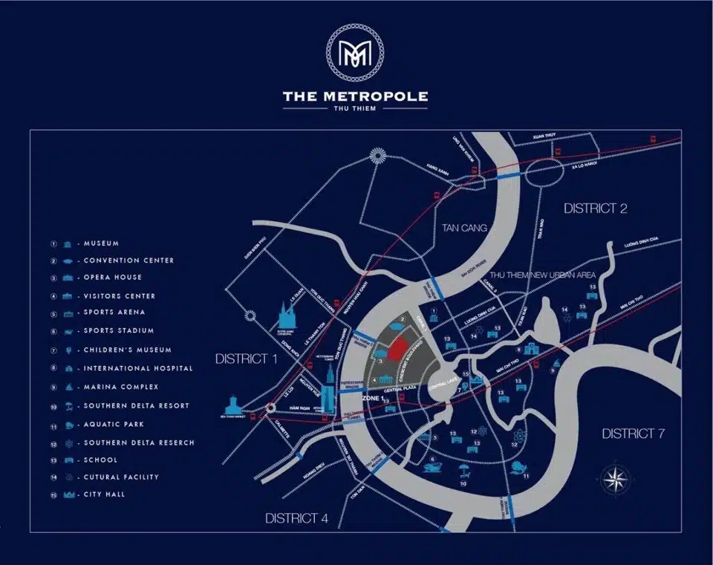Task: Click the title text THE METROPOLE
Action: (355, 96)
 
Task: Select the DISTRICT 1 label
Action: (246, 359)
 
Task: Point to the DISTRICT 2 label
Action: (595, 209)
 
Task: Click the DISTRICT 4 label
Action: (296, 518)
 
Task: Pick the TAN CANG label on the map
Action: (464, 228)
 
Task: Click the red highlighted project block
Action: (399, 347)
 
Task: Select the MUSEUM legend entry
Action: (101, 244)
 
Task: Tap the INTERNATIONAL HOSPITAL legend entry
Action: (137, 368)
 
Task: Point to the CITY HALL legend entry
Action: (104, 494)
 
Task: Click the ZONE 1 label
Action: (371, 399)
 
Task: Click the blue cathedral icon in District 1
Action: (287, 320)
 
